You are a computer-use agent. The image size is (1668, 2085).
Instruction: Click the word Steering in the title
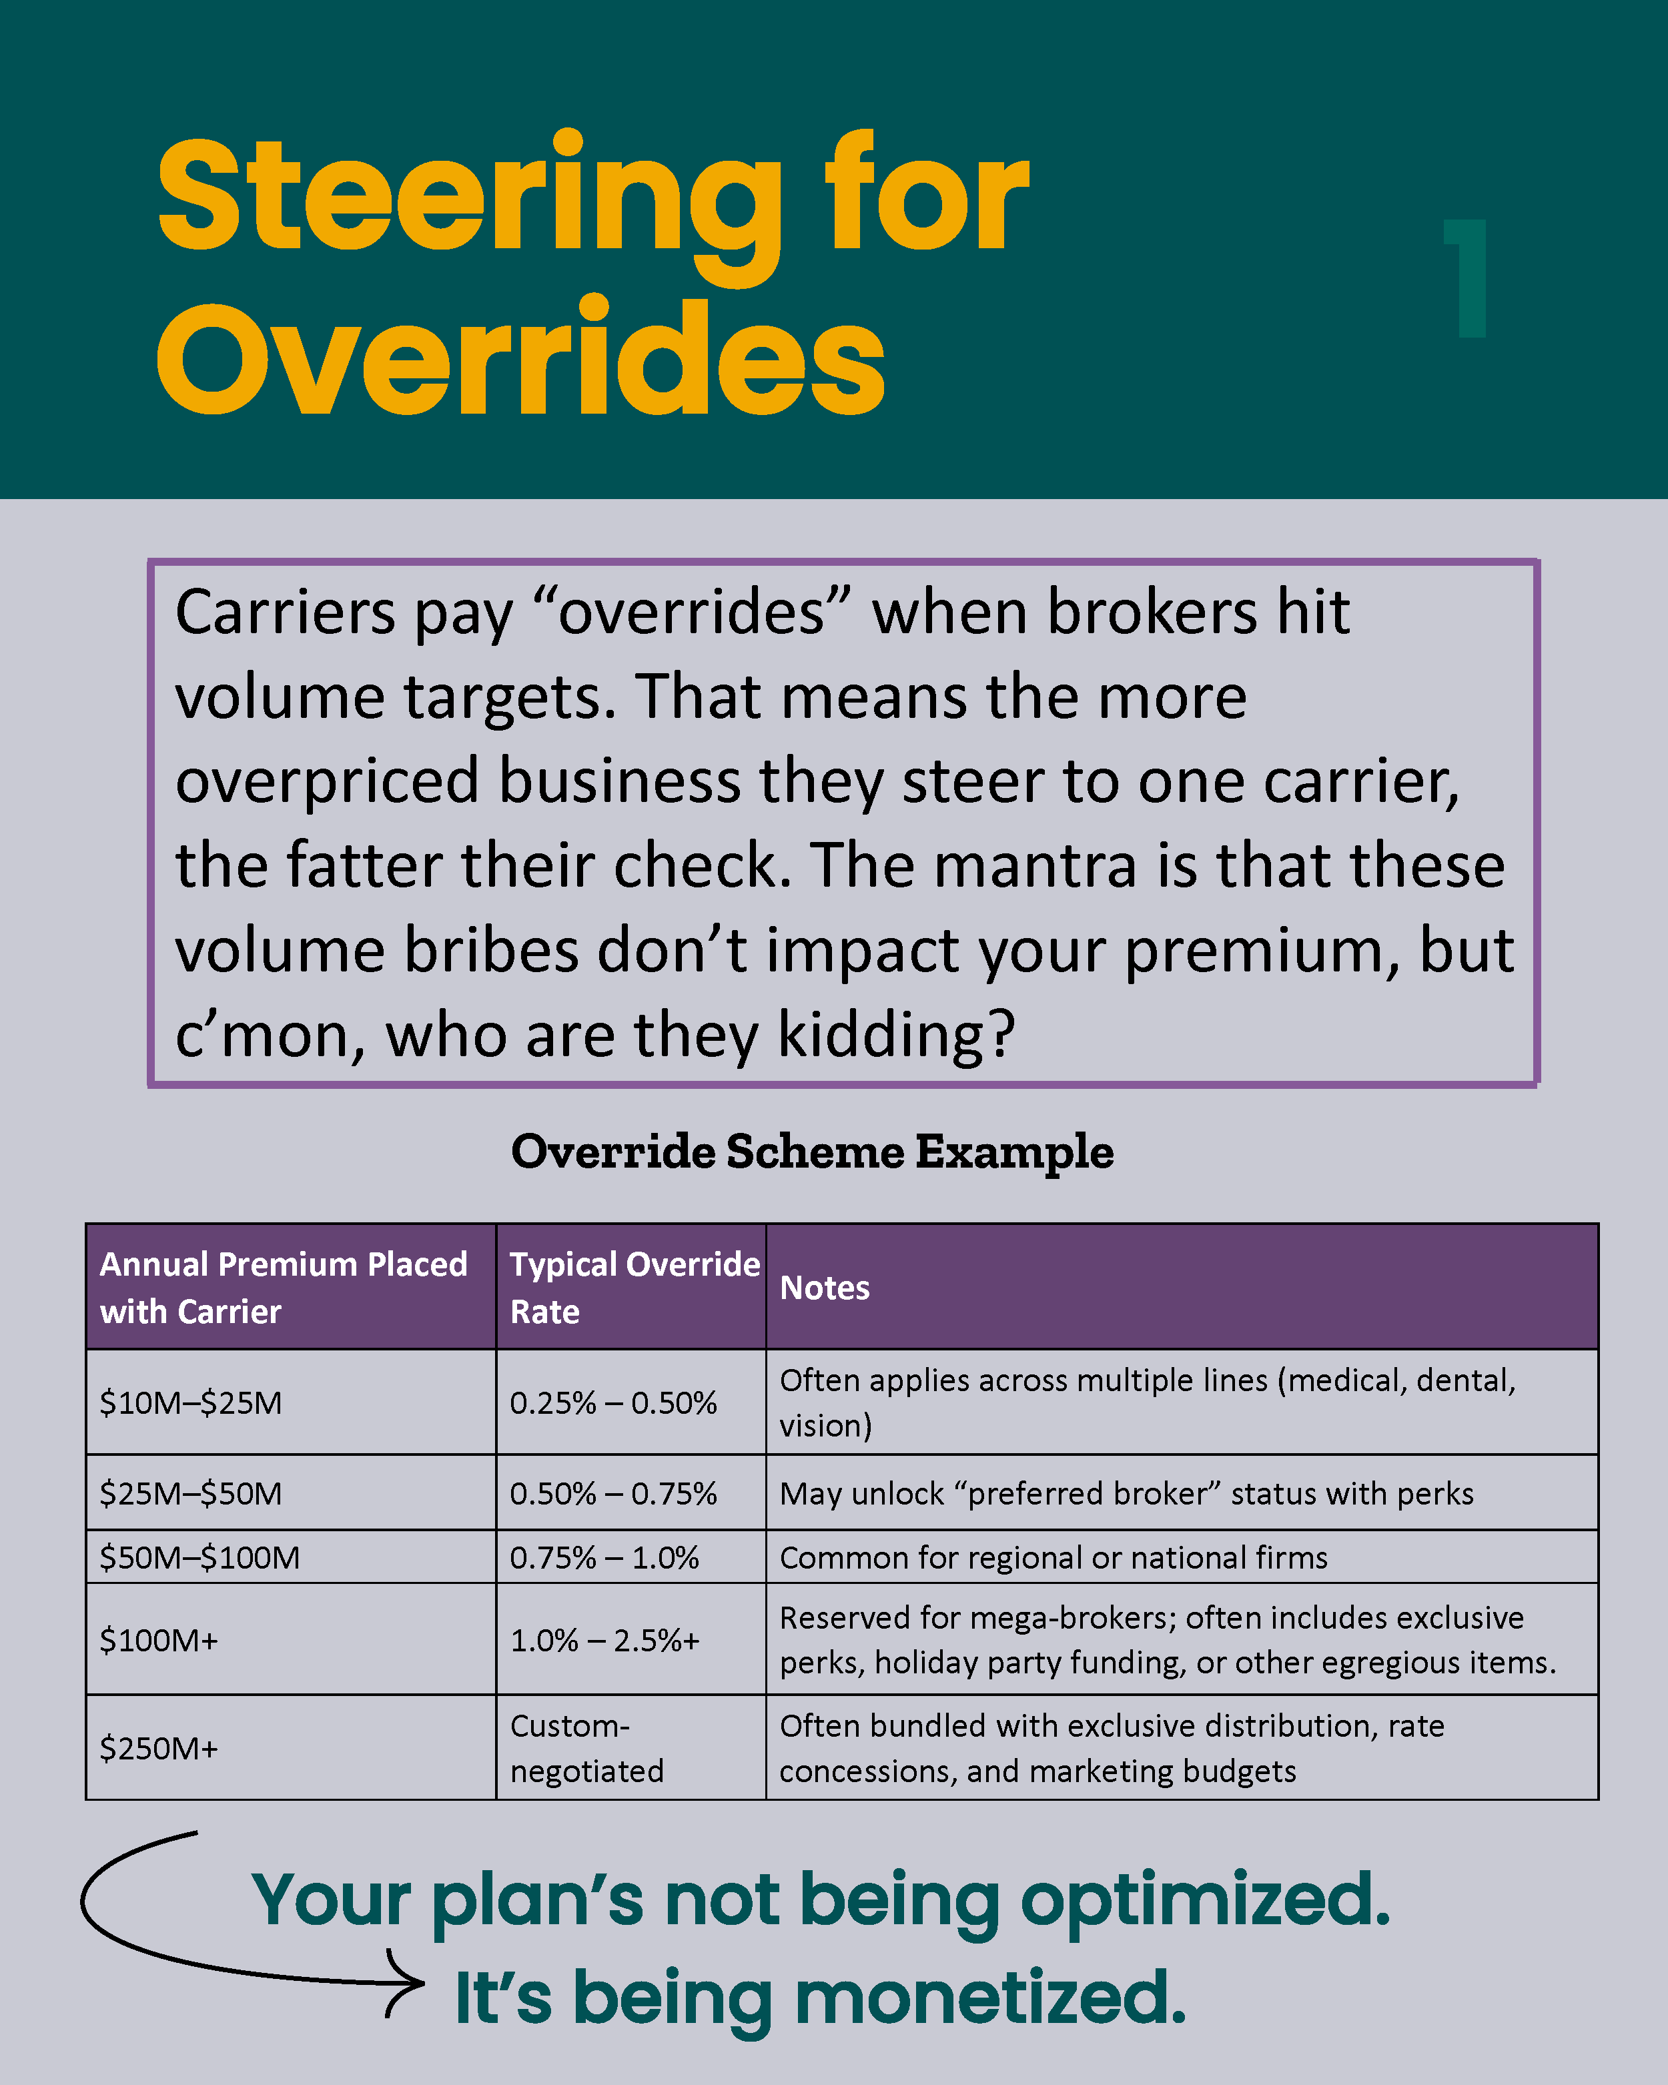click(469, 198)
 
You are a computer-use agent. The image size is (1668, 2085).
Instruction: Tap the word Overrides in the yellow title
click(520, 360)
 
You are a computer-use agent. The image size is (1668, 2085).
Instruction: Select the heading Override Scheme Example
click(812, 1152)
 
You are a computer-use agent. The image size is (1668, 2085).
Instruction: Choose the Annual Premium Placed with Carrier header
click(284, 1287)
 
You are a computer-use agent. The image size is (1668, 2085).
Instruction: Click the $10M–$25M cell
click(191, 1402)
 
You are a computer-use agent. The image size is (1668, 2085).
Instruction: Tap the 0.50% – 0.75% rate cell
click(613, 1493)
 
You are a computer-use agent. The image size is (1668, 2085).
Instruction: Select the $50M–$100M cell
click(200, 1557)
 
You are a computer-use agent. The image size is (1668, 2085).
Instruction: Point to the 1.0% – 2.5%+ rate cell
click(604, 1640)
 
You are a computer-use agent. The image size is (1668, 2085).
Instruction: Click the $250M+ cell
click(159, 1749)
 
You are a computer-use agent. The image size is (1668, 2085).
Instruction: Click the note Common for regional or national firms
click(1053, 1557)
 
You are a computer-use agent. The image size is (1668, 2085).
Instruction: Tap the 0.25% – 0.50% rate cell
click(613, 1402)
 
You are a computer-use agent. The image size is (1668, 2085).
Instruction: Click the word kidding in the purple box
click(896, 1035)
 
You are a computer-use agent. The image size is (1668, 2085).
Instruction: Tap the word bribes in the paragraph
click(489, 951)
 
